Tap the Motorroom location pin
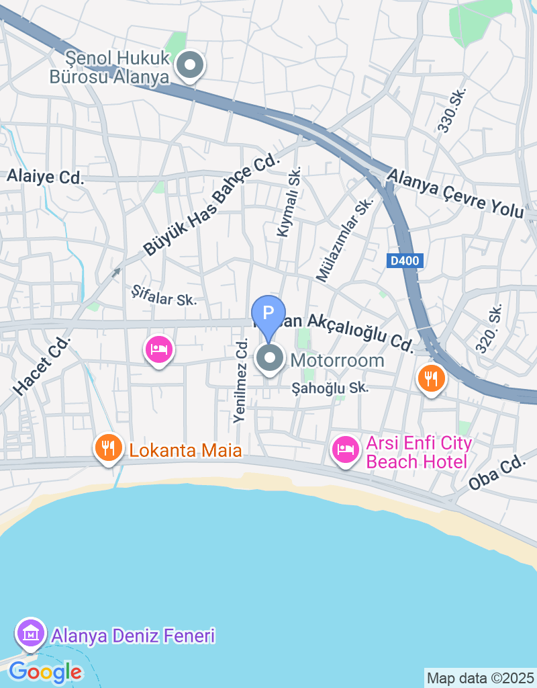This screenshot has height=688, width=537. point(271,358)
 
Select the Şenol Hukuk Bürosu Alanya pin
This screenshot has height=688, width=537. point(190,66)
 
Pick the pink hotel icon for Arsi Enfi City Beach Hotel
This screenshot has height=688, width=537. point(346,449)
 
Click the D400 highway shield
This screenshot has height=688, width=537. point(405,261)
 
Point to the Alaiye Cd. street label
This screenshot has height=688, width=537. point(46,177)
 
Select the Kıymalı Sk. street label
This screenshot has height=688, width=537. point(289,202)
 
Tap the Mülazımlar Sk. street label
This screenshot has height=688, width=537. point(345,240)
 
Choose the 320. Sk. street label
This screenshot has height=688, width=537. point(489,329)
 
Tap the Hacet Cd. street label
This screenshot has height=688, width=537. point(42,365)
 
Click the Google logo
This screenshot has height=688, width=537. point(45,671)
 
